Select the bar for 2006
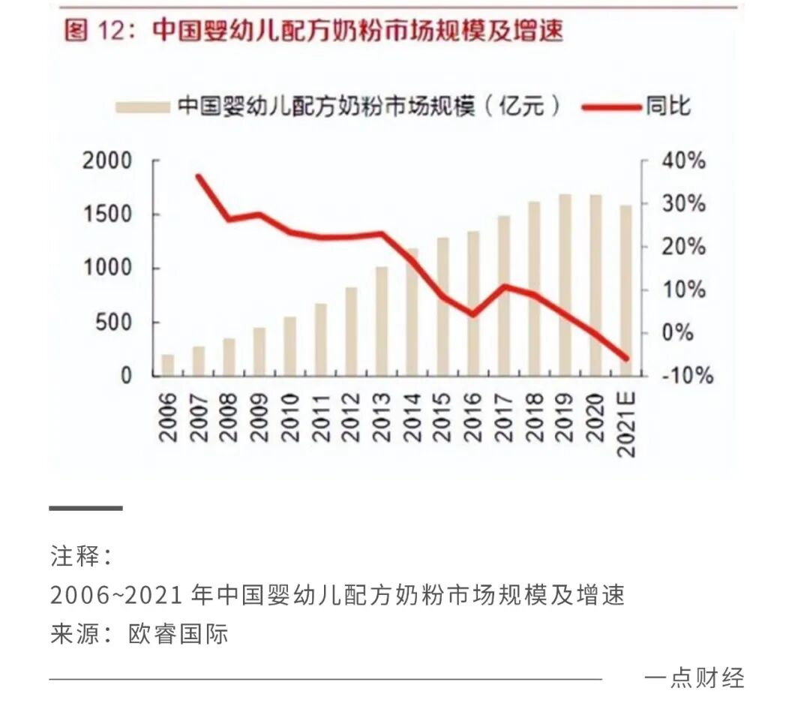click(x=168, y=365)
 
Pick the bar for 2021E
click(x=626, y=290)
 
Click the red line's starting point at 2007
click(x=199, y=177)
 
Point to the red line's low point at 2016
click(x=473, y=314)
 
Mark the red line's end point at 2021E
click(x=626, y=358)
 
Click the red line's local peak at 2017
click(x=504, y=287)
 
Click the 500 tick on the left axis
click(x=112, y=323)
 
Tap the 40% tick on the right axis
click(x=682, y=161)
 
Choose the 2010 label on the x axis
click(x=290, y=418)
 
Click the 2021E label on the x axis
click(x=626, y=424)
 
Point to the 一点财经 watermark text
click(x=694, y=677)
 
